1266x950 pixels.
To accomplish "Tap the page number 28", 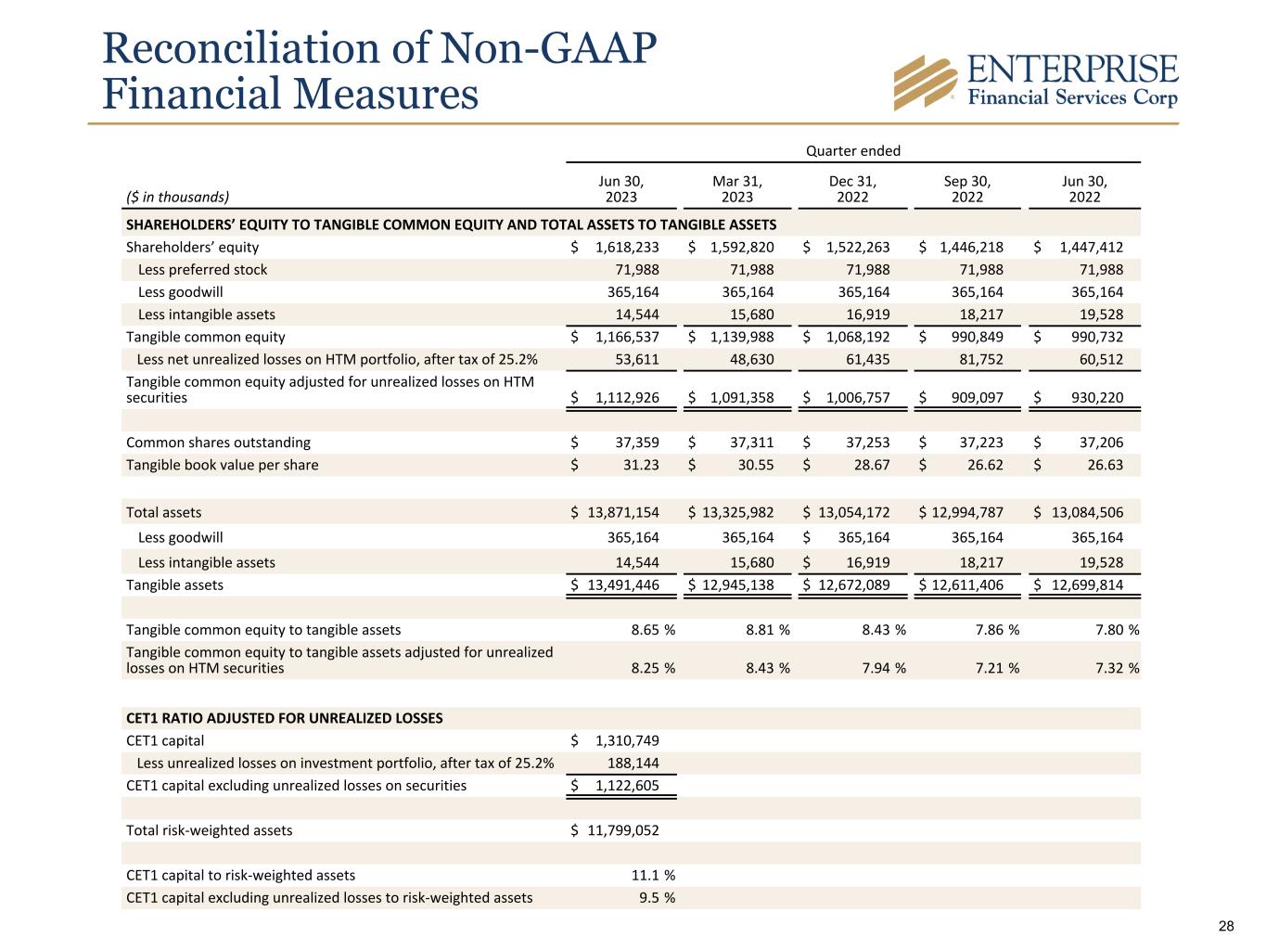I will pos(1226,926).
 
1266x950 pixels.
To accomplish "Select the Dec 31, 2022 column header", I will pos(852,189).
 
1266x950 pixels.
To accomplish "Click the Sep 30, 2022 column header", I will pos(967,189).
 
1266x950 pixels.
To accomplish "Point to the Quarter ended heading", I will pos(853,151).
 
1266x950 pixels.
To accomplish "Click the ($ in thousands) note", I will pos(177,197).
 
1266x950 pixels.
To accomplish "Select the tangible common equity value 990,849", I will pos(973,337).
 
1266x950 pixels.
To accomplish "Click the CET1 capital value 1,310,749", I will pos(627,740).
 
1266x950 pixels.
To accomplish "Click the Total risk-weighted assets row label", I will pos(209,830).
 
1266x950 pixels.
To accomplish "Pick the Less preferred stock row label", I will pos(202,270).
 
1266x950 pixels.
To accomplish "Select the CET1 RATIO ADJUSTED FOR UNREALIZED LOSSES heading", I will pos(284,718).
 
